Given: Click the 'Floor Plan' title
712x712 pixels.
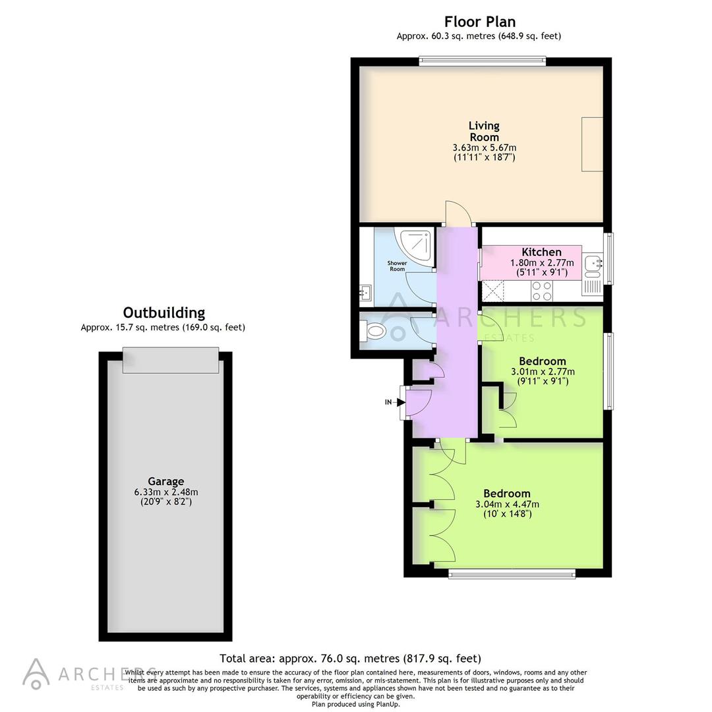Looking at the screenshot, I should coord(479,22).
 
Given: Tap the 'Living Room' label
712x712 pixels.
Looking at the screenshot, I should coord(484,131).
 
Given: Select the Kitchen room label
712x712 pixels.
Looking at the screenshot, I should coord(541,252).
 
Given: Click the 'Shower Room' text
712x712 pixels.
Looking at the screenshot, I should coord(397,266).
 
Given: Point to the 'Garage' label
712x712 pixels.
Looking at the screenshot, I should coord(165,481).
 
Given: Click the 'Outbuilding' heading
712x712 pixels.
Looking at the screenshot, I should coord(163,312).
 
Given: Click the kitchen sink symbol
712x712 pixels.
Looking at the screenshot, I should coord(593,262).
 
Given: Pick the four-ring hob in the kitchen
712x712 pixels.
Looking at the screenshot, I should coord(542,290).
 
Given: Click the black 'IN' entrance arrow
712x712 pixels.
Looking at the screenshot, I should coord(400,401).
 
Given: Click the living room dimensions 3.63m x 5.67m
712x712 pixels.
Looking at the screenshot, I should coord(484,148).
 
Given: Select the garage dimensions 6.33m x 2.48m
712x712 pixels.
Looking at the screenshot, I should coord(165,492).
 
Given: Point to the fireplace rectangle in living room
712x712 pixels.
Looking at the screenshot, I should coord(591,144).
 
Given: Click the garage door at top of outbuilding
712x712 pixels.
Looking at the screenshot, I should coord(170,360).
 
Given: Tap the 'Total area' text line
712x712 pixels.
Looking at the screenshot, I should coord(350,658).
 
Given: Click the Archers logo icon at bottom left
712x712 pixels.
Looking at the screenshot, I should coord(36,673).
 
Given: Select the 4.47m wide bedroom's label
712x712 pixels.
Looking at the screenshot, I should coord(506,494).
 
